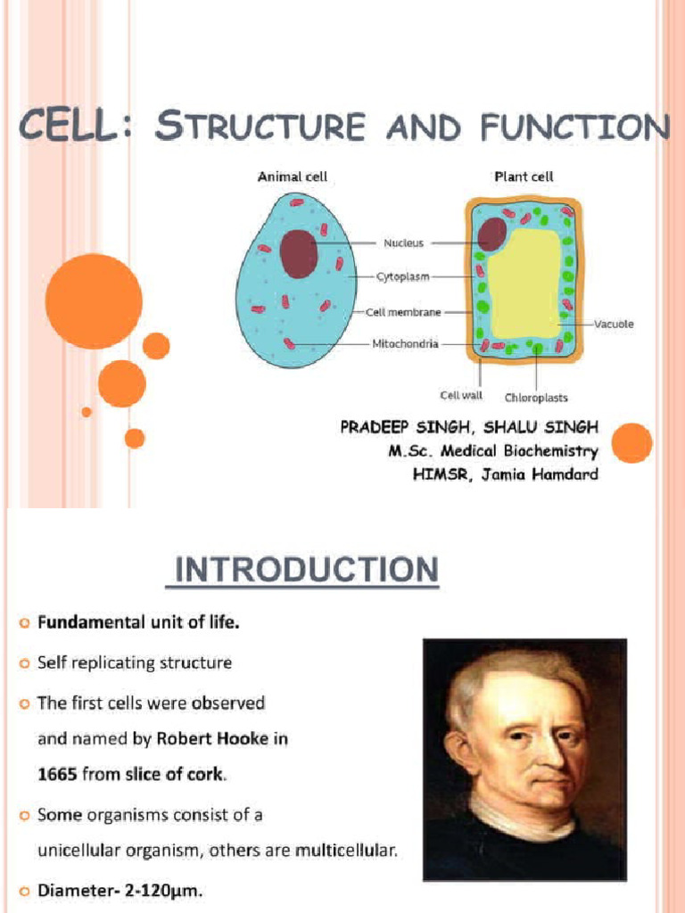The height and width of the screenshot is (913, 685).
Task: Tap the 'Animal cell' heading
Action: point(292,177)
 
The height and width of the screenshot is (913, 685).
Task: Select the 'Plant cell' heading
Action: point(524,177)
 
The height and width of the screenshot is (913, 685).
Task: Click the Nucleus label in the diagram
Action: point(403,243)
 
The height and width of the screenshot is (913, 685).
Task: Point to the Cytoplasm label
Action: point(402,277)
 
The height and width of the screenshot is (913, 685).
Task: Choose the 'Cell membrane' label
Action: point(404,312)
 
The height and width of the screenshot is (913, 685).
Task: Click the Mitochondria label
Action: point(405,344)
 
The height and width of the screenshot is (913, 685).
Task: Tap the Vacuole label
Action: point(614,324)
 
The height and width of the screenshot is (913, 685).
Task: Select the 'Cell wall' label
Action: point(461,394)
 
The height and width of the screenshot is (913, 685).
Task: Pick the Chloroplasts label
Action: point(536,398)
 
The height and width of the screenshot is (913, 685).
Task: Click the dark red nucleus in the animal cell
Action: point(299,254)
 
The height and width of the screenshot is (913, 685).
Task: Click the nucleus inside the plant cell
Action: point(491,234)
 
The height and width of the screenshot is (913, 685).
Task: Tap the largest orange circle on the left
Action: point(94,301)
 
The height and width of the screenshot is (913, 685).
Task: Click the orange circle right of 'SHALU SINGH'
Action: point(632,443)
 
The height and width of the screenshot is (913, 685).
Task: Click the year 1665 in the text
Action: point(57,775)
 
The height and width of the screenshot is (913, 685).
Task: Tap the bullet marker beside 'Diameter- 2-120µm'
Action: point(23,891)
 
